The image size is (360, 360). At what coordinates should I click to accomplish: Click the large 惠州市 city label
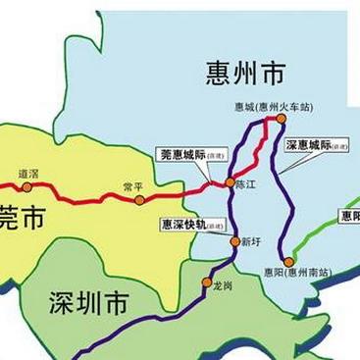point(246,72)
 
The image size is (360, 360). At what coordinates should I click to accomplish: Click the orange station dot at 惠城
point(281,119)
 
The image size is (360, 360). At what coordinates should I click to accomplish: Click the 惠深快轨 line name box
point(193,225)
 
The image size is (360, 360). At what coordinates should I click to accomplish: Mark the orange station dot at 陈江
point(230,182)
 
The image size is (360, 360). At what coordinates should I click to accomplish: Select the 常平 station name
point(133,185)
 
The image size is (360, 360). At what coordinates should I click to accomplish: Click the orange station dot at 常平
point(139,200)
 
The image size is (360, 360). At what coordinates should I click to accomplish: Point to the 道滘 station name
point(28,174)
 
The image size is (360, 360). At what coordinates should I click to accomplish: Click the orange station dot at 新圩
point(234,241)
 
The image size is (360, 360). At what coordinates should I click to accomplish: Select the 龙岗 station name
point(223,284)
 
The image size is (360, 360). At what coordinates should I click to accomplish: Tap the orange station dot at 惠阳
point(288,261)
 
